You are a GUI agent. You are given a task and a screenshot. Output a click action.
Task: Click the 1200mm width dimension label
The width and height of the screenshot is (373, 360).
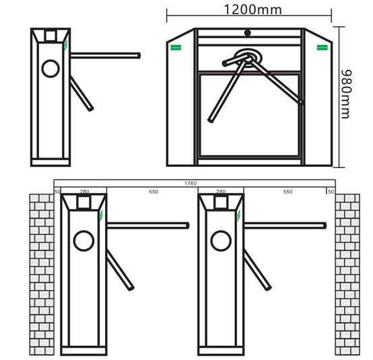[x=252, y=9]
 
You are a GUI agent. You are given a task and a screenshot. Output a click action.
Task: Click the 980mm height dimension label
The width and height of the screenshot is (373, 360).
[x=346, y=94]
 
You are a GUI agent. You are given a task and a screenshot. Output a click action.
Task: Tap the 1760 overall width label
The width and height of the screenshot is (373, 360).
[x=191, y=183]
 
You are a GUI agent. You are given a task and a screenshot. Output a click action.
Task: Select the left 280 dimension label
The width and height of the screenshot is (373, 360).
[x=84, y=192]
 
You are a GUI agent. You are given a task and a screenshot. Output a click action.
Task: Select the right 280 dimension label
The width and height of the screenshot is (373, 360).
[x=221, y=192]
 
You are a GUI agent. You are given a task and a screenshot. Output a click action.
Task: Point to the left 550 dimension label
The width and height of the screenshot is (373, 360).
[x=154, y=192]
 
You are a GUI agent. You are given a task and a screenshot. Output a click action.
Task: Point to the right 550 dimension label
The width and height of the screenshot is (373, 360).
[x=287, y=192]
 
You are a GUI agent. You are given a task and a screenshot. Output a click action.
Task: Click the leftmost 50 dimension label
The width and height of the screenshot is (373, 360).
[x=57, y=192]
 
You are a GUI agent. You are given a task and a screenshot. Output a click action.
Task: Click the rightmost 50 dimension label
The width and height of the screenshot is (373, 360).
[x=331, y=192]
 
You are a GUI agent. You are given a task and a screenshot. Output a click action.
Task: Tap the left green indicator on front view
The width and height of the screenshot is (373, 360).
[x=176, y=48]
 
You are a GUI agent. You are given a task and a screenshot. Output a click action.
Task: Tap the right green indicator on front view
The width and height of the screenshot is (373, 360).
[x=323, y=48]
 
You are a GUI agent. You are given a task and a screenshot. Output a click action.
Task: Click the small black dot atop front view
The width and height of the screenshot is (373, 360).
[x=248, y=33]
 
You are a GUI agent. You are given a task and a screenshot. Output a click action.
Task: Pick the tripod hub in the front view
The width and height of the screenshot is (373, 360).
[x=248, y=57]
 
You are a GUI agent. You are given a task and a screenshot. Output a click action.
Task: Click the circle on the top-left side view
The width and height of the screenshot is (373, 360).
[x=50, y=69]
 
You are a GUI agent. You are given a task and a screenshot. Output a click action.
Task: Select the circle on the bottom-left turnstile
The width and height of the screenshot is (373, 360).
[x=83, y=241]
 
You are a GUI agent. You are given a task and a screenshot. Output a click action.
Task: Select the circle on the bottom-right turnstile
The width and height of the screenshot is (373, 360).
[x=221, y=241]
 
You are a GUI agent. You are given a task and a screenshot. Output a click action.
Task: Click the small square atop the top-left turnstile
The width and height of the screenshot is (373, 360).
[x=50, y=36]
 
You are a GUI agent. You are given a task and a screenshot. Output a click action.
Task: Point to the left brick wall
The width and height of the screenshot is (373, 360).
[x=42, y=275]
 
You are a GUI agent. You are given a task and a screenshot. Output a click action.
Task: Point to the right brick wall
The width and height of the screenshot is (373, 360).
[x=347, y=275]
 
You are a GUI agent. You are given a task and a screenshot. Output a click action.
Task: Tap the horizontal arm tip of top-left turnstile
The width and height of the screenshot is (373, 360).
[x=139, y=56]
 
